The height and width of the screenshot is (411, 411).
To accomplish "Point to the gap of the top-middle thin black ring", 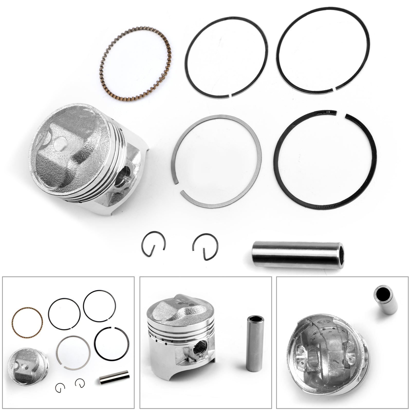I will (230, 95).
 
